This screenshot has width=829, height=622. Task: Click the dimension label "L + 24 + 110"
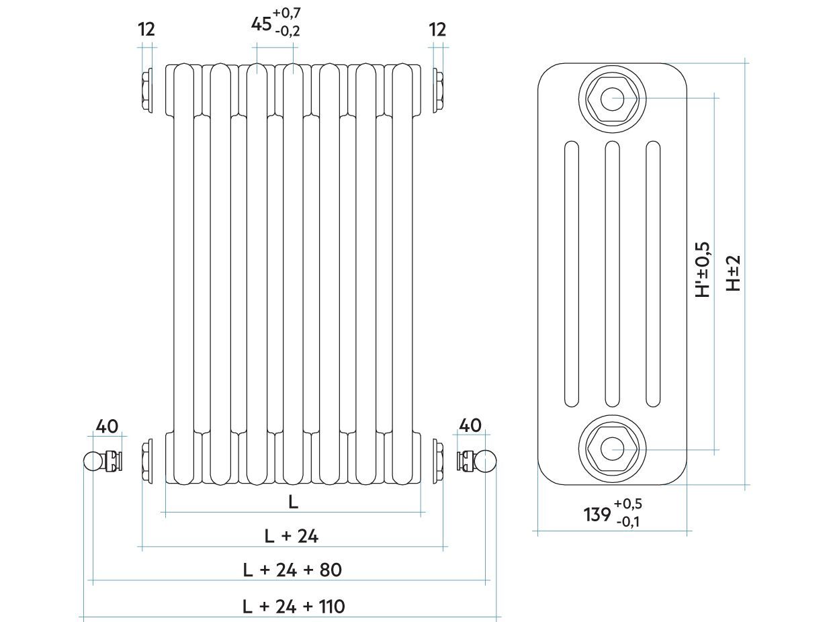pos(294,607)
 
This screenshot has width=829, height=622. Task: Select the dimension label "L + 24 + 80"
pos(292,570)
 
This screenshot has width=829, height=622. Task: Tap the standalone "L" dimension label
pos(293,502)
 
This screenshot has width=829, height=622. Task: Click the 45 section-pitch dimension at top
pos(261,24)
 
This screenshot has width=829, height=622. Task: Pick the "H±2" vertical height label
pos(734,272)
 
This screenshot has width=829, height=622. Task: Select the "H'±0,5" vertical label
pos(703,269)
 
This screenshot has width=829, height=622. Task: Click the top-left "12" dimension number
pos(146,29)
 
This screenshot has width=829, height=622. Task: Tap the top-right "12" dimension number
pos(437,29)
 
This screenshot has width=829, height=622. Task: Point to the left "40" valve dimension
pos(107,426)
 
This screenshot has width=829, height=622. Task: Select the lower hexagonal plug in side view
pos(612,449)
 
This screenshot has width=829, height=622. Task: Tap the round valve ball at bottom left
pos(92,461)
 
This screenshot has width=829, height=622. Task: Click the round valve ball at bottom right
pos(485,461)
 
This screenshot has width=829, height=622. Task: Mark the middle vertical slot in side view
pos(612,273)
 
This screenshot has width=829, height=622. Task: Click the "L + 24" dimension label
pos(291,536)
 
